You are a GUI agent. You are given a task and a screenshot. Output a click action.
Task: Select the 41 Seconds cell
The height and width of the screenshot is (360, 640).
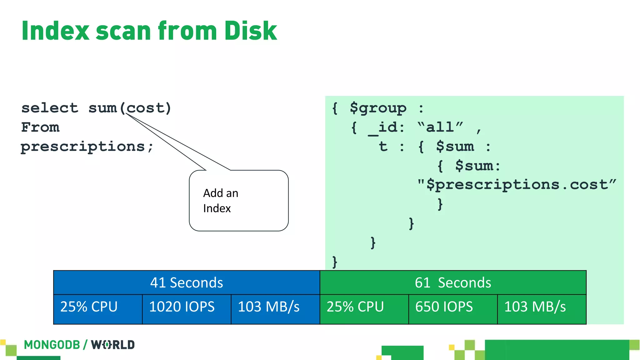pos(187,282)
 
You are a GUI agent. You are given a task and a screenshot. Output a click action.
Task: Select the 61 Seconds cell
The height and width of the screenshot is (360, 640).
pos(453,282)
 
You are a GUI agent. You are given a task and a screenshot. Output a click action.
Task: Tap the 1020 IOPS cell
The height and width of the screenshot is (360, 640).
pos(187,307)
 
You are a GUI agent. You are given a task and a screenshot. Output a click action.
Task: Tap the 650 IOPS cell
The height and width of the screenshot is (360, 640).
pos(453,307)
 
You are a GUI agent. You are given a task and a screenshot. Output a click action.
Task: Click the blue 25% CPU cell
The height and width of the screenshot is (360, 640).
pos(97,307)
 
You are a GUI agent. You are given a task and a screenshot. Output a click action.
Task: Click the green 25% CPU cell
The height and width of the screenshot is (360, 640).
pos(364,307)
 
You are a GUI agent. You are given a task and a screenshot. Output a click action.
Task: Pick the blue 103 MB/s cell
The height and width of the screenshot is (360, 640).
pos(275,307)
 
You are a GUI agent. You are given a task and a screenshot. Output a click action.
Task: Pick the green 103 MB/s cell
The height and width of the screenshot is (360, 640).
pos(542,307)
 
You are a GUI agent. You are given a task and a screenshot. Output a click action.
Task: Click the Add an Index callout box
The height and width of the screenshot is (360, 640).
pos(239,201)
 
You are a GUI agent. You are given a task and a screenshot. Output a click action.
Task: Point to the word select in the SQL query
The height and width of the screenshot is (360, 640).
pos(50,108)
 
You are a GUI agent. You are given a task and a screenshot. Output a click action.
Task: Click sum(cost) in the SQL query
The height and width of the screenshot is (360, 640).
pos(130,108)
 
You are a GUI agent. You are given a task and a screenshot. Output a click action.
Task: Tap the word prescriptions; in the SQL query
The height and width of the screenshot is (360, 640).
pos(87,147)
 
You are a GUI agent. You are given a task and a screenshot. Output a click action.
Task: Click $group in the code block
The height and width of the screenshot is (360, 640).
pos(378,108)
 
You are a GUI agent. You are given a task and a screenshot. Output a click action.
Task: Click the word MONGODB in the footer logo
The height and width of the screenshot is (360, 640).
pos(52,345)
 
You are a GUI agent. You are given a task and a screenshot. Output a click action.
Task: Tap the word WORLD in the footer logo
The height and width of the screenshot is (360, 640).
pos(113,345)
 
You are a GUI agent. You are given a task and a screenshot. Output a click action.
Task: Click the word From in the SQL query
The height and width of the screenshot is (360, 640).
pos(40,127)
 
